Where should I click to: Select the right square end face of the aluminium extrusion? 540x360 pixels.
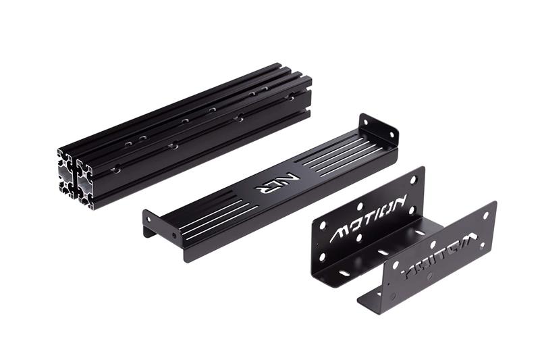86,183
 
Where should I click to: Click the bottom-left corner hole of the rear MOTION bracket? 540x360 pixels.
322,257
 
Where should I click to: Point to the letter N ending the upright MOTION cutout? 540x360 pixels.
399,202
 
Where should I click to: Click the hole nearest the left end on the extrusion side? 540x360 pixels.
115,170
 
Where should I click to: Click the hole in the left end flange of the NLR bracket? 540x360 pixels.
174,236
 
